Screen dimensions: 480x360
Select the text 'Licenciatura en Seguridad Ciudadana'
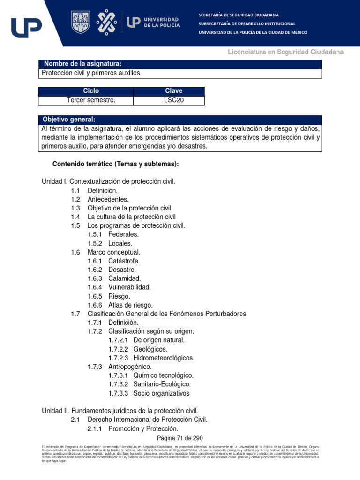pos(285,52)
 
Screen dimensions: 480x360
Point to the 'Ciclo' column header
pos(91,91)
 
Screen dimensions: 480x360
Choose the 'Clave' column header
pos(173,91)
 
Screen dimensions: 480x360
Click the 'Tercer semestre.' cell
pos(91,100)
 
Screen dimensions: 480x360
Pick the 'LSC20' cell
pos(173,100)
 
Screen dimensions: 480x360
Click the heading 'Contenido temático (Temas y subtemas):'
pos(116,164)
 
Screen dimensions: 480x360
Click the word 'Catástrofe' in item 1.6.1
pos(124,261)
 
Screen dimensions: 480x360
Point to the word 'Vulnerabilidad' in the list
pos(129,287)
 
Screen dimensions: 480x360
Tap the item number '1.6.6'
pos(96,305)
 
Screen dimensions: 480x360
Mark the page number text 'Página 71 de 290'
pos(180,438)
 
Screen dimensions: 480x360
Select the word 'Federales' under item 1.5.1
pos(123,234)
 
